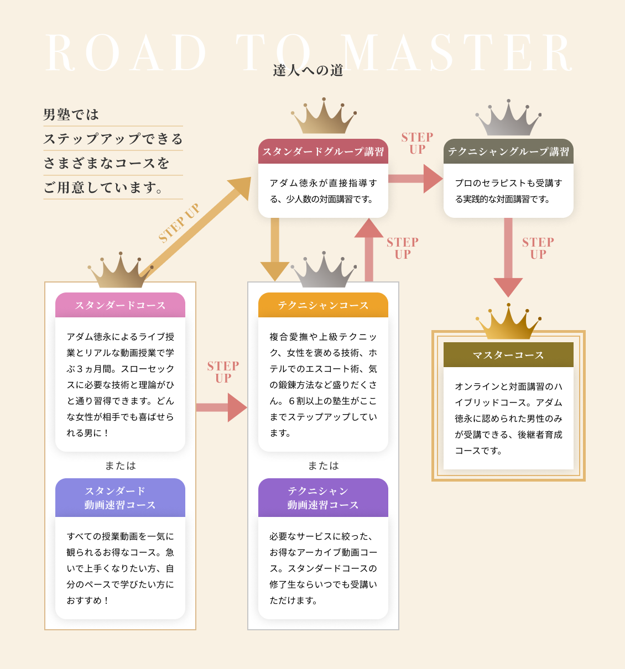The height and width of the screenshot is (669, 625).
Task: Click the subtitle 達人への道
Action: coord(308,70)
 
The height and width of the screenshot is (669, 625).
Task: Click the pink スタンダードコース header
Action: coord(120,305)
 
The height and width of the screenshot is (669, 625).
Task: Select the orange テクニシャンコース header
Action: coord(323,305)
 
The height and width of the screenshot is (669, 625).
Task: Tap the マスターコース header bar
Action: coord(508,355)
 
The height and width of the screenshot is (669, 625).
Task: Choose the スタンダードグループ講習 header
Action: coord(323,151)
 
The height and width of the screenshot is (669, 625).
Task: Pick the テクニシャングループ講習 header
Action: coord(508,151)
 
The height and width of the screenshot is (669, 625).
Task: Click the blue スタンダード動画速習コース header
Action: coord(120,498)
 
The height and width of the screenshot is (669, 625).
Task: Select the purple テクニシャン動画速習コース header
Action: coord(323,498)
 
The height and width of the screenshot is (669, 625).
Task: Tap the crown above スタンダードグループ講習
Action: coord(324,118)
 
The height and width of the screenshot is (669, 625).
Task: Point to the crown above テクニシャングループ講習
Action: coord(508,119)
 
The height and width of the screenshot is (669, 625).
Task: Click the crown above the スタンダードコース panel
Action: coord(120,271)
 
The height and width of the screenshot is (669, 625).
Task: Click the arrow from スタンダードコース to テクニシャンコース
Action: coord(221,407)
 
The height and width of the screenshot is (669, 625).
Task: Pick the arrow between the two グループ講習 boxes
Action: coord(415,179)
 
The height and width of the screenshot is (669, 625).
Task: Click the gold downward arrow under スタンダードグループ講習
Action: coord(275,249)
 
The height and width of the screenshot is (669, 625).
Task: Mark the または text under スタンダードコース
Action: coord(120,466)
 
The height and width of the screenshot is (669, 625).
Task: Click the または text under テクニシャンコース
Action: coord(323,466)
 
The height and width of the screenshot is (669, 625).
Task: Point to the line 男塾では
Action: coord(71,114)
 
